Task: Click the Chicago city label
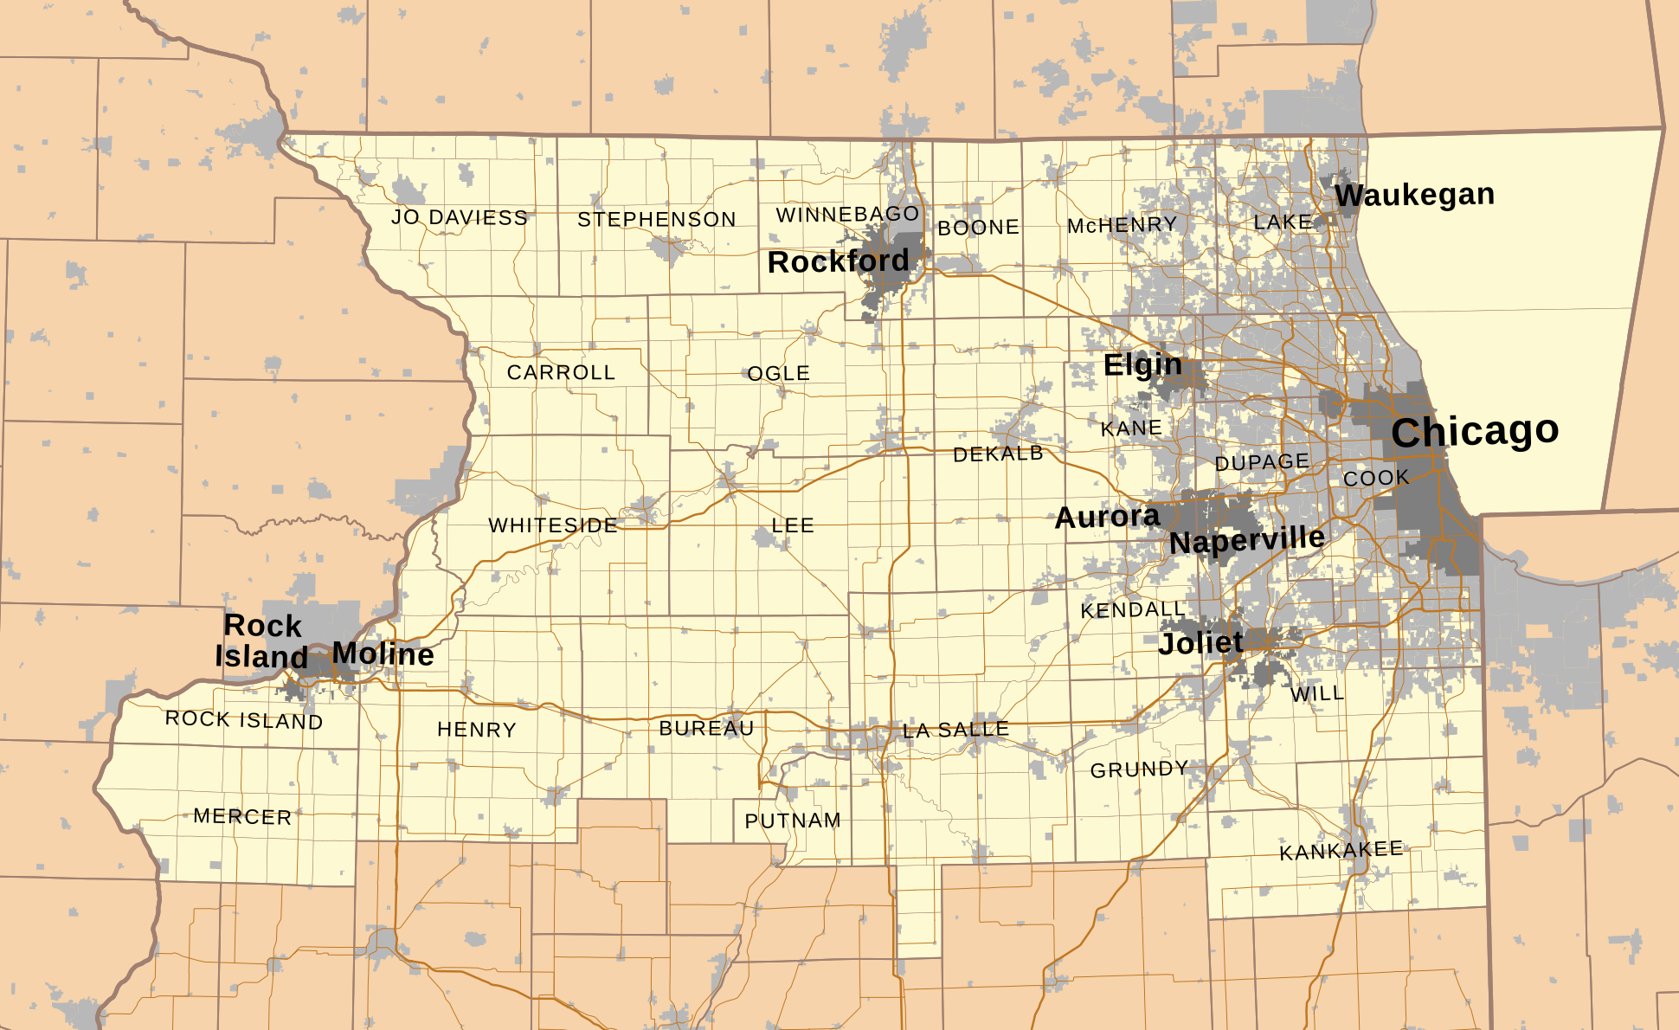click(x=1475, y=431)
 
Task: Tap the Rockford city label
click(x=838, y=261)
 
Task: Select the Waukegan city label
click(x=1414, y=195)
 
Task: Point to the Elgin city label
click(x=1142, y=365)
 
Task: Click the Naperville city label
click(x=1246, y=541)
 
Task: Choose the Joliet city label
click(x=1200, y=643)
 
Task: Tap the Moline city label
click(x=383, y=653)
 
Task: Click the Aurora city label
click(x=1107, y=518)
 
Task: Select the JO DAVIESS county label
click(x=459, y=217)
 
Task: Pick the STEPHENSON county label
click(x=657, y=220)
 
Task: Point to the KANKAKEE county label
click(x=1341, y=851)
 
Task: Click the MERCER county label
click(x=242, y=816)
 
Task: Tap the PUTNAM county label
click(x=793, y=821)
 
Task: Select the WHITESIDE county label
click(x=553, y=525)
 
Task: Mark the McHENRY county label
click(x=1122, y=226)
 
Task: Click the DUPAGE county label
click(x=1261, y=463)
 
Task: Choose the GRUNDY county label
click(x=1139, y=769)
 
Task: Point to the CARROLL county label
click(x=561, y=372)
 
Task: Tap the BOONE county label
click(x=978, y=228)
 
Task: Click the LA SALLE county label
click(x=955, y=731)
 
